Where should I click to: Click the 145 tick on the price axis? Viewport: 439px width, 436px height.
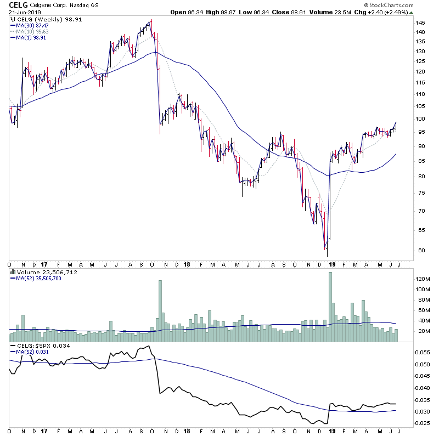(421, 23)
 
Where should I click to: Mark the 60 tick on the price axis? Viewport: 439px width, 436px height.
(420, 251)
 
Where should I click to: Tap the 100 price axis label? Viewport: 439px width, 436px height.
(421, 119)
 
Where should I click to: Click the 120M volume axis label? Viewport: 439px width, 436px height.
(423, 279)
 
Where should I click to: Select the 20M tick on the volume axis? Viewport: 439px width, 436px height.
(421, 331)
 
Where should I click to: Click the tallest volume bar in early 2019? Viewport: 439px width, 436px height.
(330, 307)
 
